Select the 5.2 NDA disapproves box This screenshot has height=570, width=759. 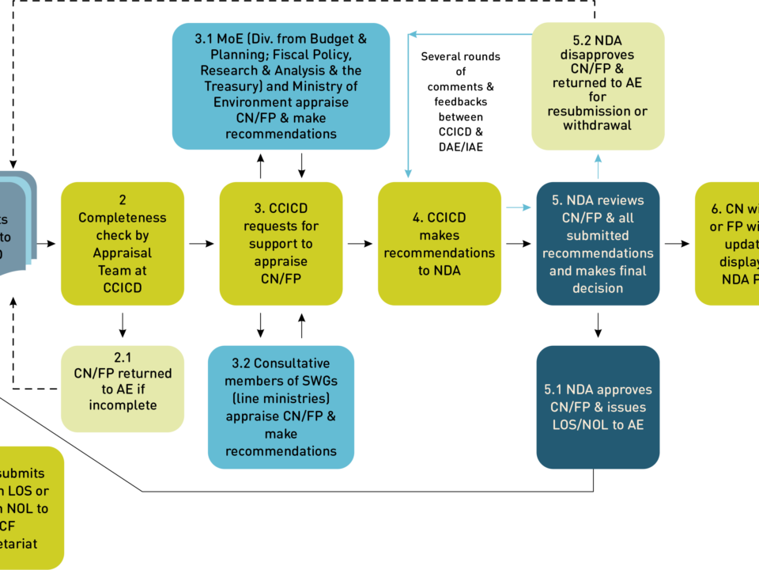(x=598, y=86)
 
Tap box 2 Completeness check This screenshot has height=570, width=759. (x=123, y=243)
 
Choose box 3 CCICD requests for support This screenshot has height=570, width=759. (x=281, y=243)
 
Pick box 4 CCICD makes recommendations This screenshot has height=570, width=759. (x=440, y=243)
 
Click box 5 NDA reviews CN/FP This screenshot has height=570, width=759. (x=598, y=243)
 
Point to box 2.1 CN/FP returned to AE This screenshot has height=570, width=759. (x=123, y=389)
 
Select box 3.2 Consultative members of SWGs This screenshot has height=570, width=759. (x=281, y=407)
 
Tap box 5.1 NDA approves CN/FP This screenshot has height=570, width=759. (x=598, y=407)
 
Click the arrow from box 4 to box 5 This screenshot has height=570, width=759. (x=519, y=208)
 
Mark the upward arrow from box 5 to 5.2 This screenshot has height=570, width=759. (x=598, y=165)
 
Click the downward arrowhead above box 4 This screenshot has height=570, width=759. (x=408, y=173)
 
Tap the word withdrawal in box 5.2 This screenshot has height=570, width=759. (x=598, y=126)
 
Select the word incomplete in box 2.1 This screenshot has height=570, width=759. (x=123, y=405)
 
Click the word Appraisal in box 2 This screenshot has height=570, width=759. (x=122, y=253)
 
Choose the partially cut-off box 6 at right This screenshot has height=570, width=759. (x=727, y=243)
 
